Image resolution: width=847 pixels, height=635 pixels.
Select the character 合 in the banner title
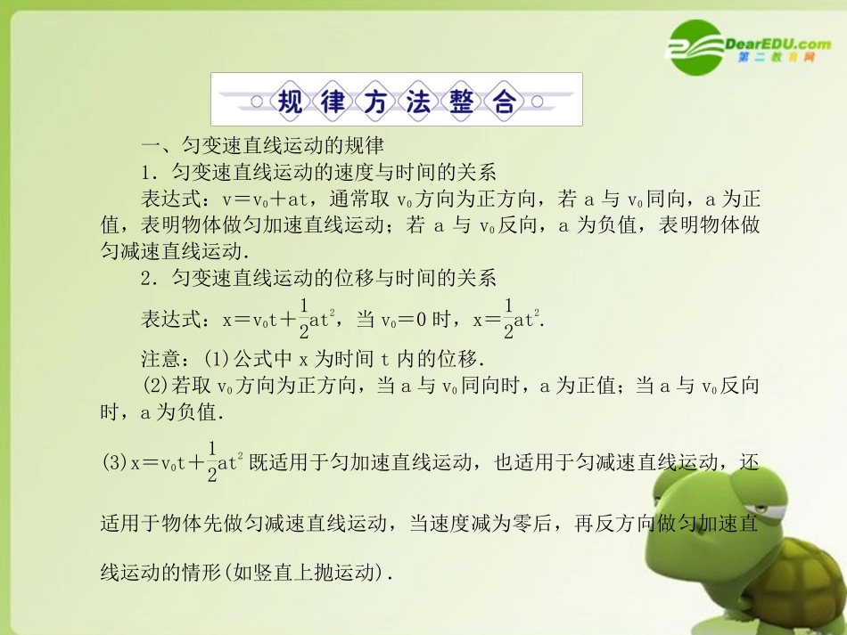[504, 102]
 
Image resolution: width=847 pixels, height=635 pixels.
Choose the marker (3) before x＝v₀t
[115, 463]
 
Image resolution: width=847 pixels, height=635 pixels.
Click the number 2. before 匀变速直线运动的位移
[151, 278]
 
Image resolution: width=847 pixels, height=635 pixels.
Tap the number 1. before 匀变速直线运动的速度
[151, 171]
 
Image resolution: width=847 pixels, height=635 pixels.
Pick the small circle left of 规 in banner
[257, 102]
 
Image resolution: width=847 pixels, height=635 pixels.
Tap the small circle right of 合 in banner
[538, 102]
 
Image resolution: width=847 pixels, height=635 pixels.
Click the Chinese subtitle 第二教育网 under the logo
[776, 59]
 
